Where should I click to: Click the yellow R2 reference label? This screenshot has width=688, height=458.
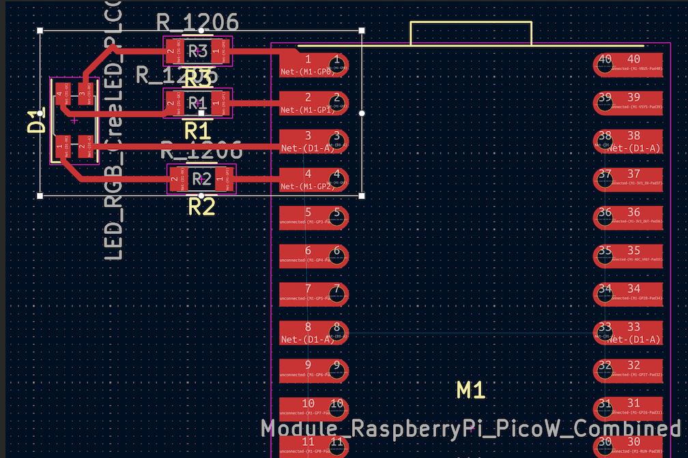pyautogui.click(x=201, y=206)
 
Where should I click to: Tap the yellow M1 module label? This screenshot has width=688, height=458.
pyautogui.click(x=471, y=390)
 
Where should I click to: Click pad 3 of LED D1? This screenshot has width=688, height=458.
pyautogui.click(x=83, y=94)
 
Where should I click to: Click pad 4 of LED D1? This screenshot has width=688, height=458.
pyautogui.click(x=60, y=94)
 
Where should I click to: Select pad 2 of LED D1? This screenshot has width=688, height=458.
pyautogui.click(x=83, y=146)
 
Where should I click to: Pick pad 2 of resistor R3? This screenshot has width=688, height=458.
pyautogui.click(x=173, y=50)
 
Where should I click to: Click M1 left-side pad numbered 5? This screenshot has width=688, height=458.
pyautogui.click(x=315, y=219)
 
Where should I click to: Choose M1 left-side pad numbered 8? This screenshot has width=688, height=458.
pyautogui.click(x=315, y=333)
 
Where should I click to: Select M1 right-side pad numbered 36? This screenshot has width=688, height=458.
pyautogui.click(x=628, y=219)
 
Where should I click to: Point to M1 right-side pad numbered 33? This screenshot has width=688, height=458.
pyautogui.click(x=628, y=333)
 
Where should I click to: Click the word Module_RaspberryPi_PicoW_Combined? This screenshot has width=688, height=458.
pyautogui.click(x=471, y=429)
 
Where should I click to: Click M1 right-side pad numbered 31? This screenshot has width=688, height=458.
pyautogui.click(x=628, y=410)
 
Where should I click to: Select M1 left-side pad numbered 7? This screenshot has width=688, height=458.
pyautogui.click(x=315, y=295)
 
